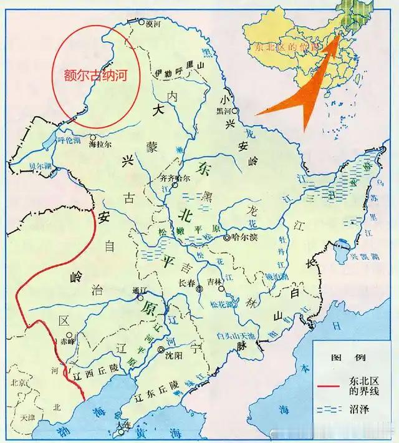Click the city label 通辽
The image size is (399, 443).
(x=138, y=290)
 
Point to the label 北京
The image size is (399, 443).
(x=16, y=382)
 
